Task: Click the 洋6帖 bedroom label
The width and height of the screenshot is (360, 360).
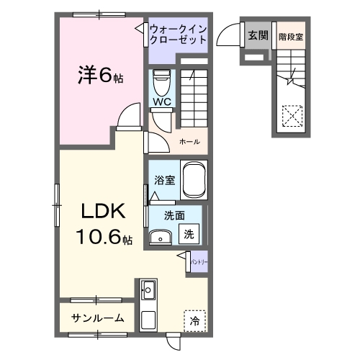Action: (100, 74)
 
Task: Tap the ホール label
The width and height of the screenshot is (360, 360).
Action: (189, 141)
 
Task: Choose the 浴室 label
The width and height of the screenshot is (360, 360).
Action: (165, 180)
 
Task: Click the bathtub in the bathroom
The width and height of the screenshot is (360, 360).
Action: (194, 180)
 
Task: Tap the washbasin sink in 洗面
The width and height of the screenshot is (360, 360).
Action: (161, 236)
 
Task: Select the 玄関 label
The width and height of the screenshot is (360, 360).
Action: (257, 35)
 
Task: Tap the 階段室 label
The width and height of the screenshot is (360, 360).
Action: (291, 35)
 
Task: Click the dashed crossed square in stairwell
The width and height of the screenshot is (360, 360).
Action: (292, 115)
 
